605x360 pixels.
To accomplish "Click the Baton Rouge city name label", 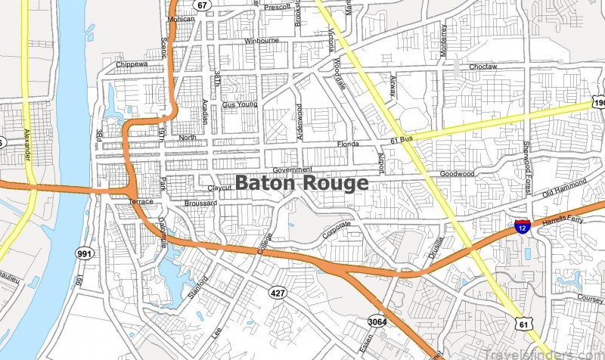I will tap(302, 183).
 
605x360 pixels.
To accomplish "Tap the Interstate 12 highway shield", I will tap(522, 226).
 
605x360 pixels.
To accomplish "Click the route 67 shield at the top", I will tap(200, 5).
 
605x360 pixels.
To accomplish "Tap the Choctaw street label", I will tap(482, 67).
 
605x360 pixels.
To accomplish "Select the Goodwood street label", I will tap(457, 173).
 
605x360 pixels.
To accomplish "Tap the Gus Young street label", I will tap(240, 104).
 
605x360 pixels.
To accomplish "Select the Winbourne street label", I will tap(262, 41).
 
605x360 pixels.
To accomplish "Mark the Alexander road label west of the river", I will tap(27, 142).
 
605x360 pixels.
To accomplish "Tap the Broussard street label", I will tap(200, 203).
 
